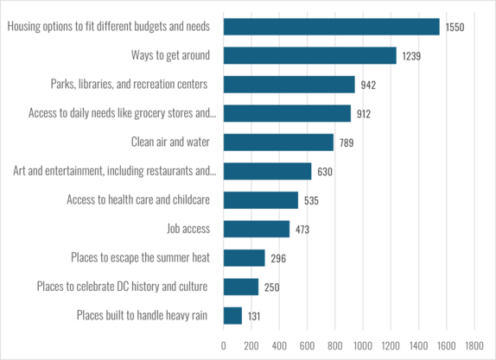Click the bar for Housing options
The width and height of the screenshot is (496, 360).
click(x=331, y=27)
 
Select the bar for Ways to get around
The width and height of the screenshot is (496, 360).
click(x=309, y=55)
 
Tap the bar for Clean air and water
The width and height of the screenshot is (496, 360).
click(x=278, y=142)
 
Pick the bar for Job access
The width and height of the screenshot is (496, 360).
click(x=257, y=229)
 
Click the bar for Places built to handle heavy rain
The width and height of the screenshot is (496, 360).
click(x=232, y=315)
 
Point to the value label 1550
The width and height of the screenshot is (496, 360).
click(x=455, y=28)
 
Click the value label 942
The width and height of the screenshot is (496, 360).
click(x=370, y=85)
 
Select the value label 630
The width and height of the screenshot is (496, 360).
click(x=324, y=172)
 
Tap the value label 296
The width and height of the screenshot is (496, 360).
click(x=277, y=258)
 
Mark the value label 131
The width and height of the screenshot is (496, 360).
click(x=254, y=316)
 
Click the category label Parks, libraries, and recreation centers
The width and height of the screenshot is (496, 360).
click(x=130, y=84)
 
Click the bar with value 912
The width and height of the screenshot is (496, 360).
click(x=287, y=113)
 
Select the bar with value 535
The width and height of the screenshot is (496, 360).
click(x=261, y=200)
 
